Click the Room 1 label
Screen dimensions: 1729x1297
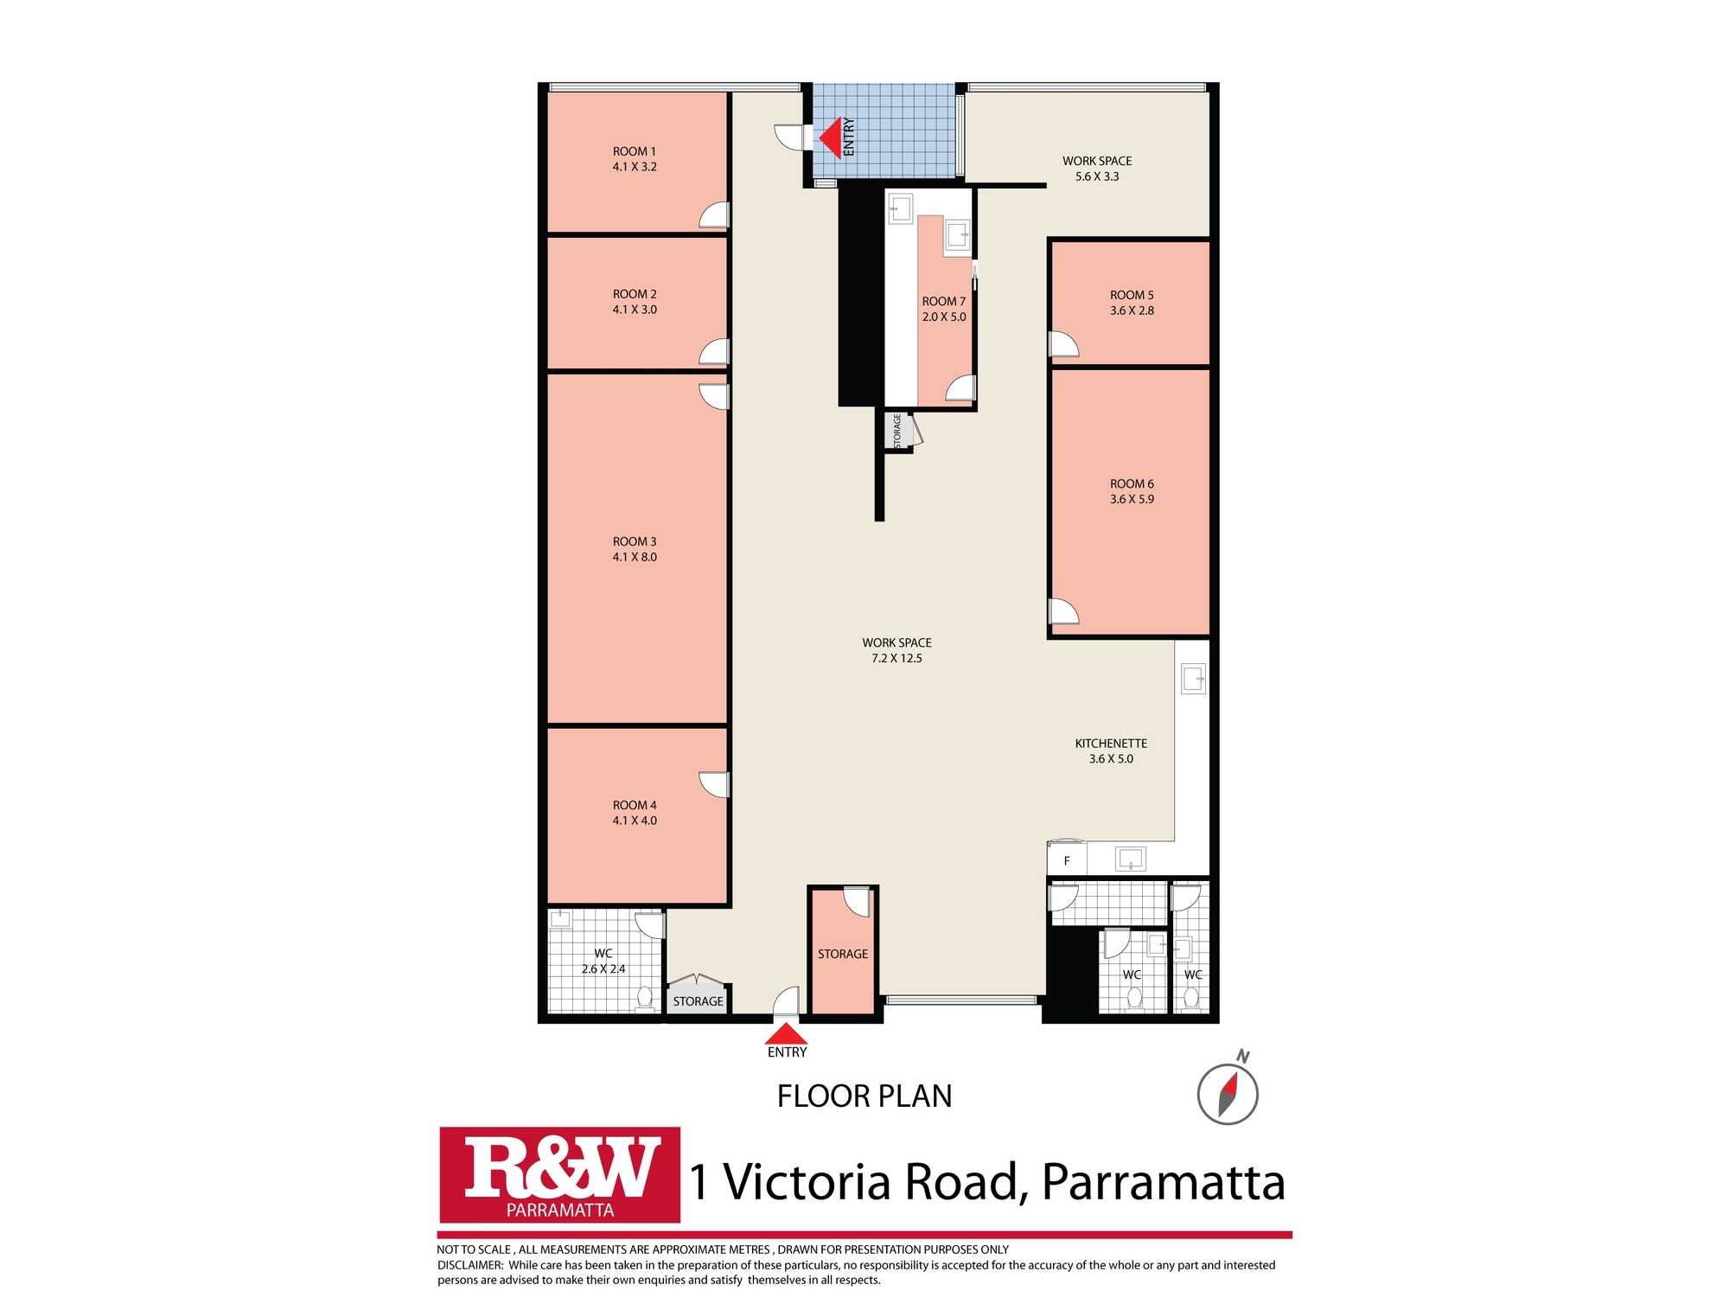pyautogui.click(x=635, y=151)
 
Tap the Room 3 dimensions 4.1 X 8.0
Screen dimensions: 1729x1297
pyautogui.click(x=635, y=557)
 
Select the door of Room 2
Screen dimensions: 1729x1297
pyautogui.click(x=715, y=352)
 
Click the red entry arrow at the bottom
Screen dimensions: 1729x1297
pyautogui.click(x=786, y=1034)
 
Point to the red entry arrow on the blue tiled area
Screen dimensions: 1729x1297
pyautogui.click(x=830, y=138)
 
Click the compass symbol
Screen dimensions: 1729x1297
pyautogui.click(x=1228, y=1093)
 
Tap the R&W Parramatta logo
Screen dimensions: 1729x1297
pyautogui.click(x=559, y=1174)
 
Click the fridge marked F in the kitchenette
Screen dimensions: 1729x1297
pyautogui.click(x=1067, y=859)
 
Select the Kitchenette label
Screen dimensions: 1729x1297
pyautogui.click(x=1111, y=744)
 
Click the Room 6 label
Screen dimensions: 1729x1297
pyautogui.click(x=1132, y=484)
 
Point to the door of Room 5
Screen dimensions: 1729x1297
pyautogui.click(x=1063, y=343)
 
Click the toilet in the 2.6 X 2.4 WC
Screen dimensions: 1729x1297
pyautogui.click(x=645, y=999)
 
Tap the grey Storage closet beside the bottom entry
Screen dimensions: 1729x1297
pyautogui.click(x=698, y=995)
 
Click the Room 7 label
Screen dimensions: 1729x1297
pyautogui.click(x=944, y=302)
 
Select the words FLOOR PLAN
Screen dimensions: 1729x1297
pyautogui.click(x=864, y=1096)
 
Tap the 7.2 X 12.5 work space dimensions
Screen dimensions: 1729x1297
pyautogui.click(x=896, y=658)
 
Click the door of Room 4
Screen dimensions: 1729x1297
pyautogui.click(x=715, y=784)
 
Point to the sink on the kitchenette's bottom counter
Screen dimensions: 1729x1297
pyautogui.click(x=1131, y=859)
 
